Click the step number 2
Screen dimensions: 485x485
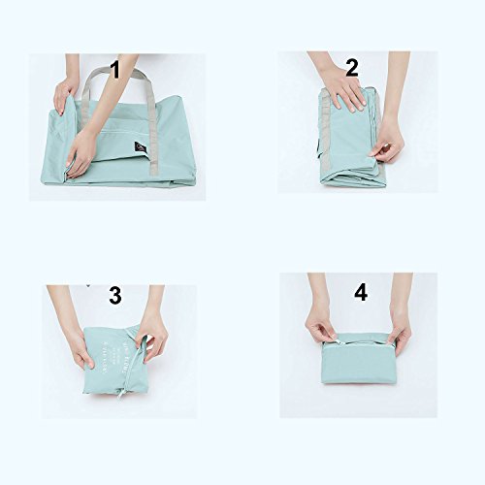click(350, 67)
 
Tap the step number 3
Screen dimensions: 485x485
click(115, 296)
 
